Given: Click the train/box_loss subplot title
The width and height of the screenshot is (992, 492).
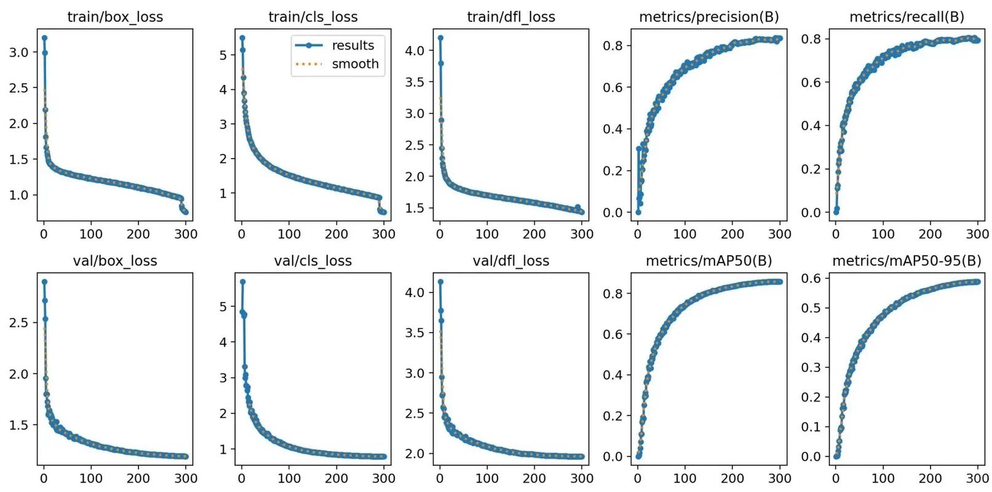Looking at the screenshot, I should click(115, 17).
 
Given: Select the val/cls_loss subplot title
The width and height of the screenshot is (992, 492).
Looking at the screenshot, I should click(313, 261).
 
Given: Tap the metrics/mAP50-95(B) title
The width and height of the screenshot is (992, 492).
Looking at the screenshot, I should click(907, 261).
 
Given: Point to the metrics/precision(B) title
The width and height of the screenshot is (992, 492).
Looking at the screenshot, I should click(708, 17).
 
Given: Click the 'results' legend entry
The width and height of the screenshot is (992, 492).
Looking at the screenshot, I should click(352, 46).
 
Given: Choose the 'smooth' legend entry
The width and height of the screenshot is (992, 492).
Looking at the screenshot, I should click(355, 64).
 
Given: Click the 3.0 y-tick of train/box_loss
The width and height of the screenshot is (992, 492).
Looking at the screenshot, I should click(19, 52).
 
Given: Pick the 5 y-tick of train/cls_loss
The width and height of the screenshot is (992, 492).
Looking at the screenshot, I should click(223, 55).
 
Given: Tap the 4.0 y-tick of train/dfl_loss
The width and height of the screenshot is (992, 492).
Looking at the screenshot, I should click(415, 50).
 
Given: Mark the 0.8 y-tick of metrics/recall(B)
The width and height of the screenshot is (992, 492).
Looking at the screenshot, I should click(811, 39).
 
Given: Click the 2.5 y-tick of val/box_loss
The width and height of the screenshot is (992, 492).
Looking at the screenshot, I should click(19, 322).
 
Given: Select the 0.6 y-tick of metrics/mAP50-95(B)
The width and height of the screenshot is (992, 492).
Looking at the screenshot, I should click(811, 278).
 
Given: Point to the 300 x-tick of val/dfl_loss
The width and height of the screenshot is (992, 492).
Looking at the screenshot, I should click(582, 478).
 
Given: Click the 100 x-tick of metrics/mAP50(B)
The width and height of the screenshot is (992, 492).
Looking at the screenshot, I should click(684, 478).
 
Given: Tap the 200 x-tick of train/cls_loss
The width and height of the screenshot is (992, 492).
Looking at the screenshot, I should click(336, 234).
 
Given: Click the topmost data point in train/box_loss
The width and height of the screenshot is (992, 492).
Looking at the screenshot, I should click(44, 38).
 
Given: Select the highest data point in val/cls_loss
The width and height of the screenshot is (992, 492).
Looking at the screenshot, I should click(242, 282).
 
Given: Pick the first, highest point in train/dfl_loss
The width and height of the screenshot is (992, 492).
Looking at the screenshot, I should click(440, 38).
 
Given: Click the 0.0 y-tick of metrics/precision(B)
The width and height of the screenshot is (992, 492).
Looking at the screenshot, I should click(613, 213).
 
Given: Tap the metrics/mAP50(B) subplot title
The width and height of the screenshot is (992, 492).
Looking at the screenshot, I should click(708, 261).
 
